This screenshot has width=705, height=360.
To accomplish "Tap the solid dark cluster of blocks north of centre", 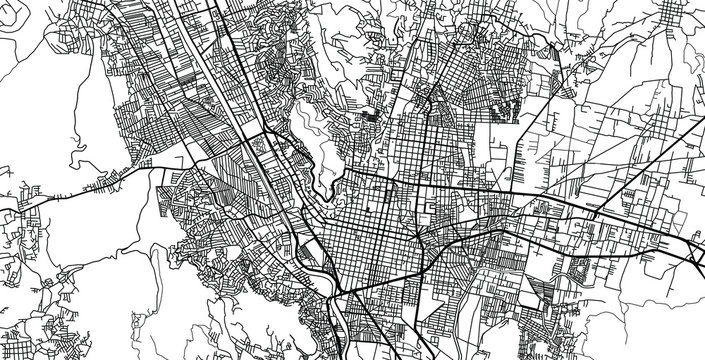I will tap(372, 118).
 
